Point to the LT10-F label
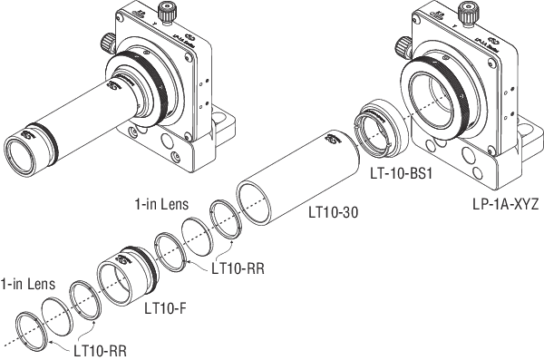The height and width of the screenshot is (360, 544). (x=165, y=307)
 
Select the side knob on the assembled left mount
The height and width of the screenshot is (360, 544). (x=104, y=43)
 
